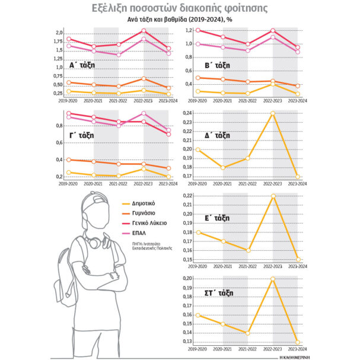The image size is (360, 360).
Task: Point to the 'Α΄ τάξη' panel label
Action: [82, 65]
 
